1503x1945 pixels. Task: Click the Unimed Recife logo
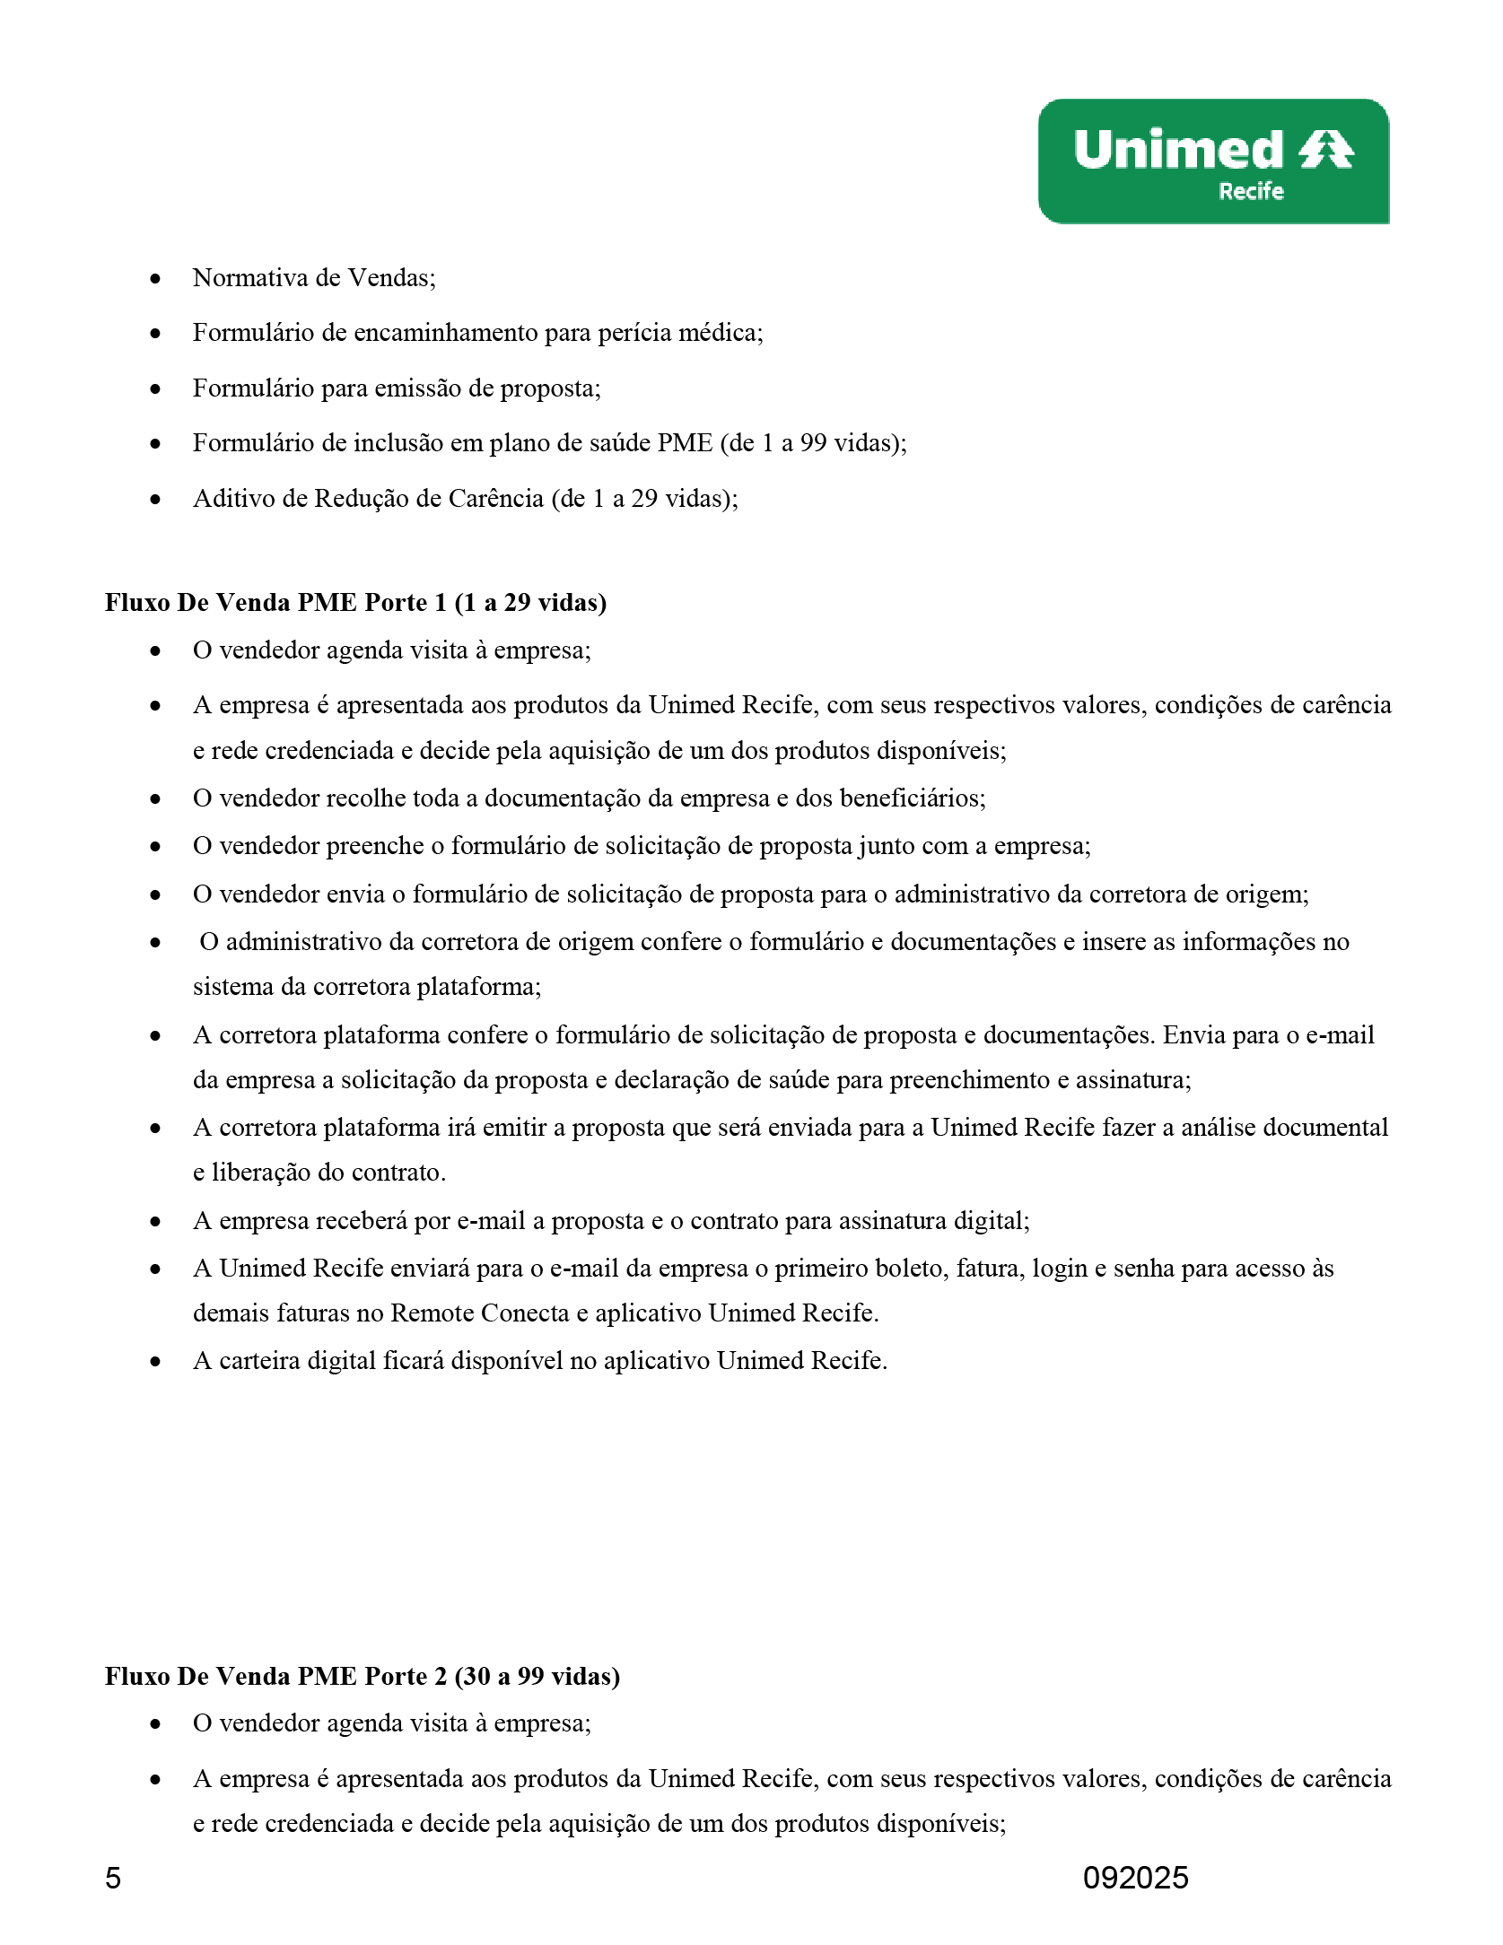tap(1213, 161)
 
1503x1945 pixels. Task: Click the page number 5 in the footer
tap(113, 1878)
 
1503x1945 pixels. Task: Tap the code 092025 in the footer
tap(1135, 1878)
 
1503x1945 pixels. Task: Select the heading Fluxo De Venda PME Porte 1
tap(355, 602)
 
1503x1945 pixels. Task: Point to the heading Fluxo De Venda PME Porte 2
tap(362, 1676)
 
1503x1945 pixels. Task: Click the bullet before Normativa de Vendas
tap(156, 279)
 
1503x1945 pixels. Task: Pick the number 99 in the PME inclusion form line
tap(813, 443)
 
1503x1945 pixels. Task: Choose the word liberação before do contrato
tap(261, 1173)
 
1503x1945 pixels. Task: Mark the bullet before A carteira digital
tap(156, 1362)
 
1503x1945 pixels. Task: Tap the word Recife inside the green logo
tap(1251, 191)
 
